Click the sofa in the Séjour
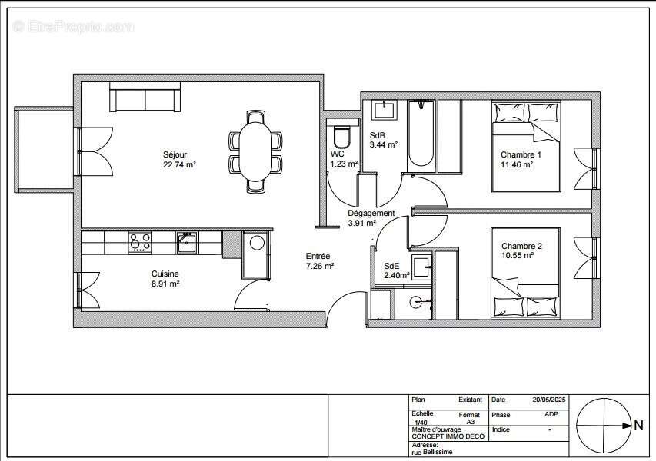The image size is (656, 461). point(146,99)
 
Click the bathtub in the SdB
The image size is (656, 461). point(421,135)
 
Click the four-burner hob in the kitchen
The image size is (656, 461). point(140,242)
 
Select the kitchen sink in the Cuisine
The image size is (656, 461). point(186,242)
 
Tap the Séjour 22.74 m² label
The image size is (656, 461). point(178,159)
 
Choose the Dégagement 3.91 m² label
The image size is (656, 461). point(371,218)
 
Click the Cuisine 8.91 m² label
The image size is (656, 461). point(165,278)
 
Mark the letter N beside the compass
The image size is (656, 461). point(638,424)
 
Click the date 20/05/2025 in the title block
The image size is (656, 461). point(548,400)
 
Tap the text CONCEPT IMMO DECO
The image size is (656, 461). point(447,436)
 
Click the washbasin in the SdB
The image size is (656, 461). point(383,111)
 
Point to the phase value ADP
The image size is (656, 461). point(551,415)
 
